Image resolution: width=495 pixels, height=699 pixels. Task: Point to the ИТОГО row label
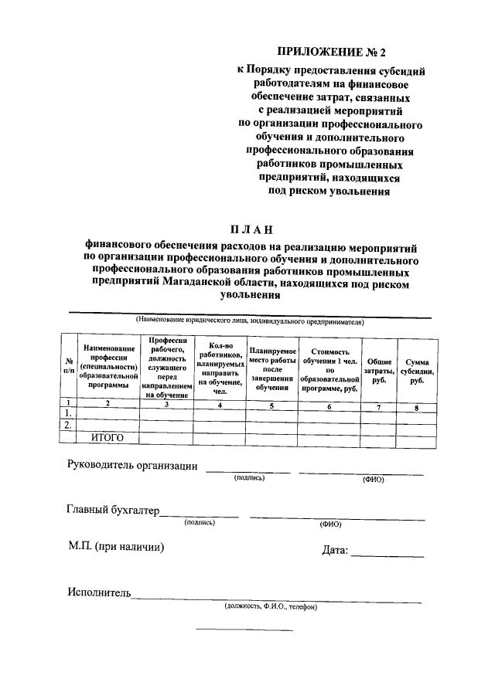coord(108,437)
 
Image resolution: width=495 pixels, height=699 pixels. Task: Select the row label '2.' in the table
coord(68,425)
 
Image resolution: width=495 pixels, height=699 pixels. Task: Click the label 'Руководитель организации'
coord(132,467)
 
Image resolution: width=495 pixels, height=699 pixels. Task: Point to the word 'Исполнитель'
coord(99,593)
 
